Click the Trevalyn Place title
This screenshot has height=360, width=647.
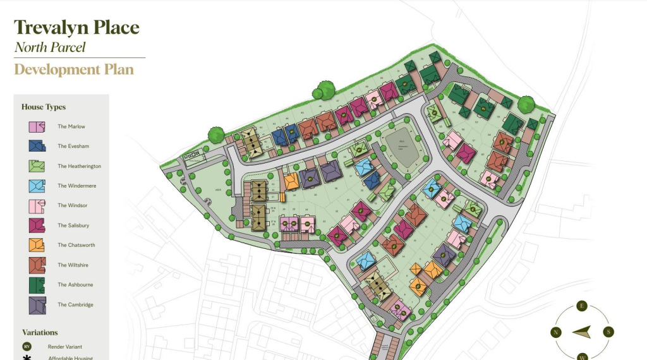click(76, 27)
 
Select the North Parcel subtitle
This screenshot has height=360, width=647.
click(50, 47)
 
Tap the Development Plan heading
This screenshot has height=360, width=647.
click(74, 69)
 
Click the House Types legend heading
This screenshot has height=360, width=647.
click(44, 107)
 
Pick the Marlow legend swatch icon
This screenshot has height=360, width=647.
click(37, 126)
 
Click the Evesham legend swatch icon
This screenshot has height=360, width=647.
click(37, 146)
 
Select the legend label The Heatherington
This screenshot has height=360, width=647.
click(79, 166)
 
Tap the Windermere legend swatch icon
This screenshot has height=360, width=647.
click(37, 186)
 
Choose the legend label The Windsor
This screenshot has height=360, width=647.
click(72, 206)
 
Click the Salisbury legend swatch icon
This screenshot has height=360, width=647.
click(37, 225)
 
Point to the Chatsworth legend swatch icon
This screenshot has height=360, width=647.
click(37, 245)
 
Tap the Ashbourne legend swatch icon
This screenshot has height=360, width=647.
click(37, 285)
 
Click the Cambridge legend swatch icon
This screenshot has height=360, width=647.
click(37, 305)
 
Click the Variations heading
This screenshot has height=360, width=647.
click(40, 333)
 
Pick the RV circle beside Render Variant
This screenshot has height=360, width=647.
click(27, 347)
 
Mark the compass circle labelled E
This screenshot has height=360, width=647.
click(582, 306)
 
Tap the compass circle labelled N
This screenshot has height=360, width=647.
click(556, 332)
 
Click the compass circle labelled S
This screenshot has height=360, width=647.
click(608, 332)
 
